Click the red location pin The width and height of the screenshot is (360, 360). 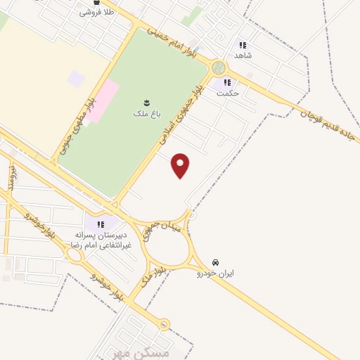(x=181, y=165)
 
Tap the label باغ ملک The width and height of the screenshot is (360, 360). (x=146, y=112)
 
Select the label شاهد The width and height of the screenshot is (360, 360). (x=243, y=53)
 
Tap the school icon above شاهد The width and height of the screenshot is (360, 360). (x=243, y=44)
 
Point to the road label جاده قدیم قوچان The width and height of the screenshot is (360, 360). (x=330, y=120)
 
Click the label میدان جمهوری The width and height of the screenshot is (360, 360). (x=162, y=230)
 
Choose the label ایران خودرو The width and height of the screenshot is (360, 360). (x=215, y=272)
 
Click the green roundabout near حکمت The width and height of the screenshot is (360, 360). (x=219, y=67)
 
